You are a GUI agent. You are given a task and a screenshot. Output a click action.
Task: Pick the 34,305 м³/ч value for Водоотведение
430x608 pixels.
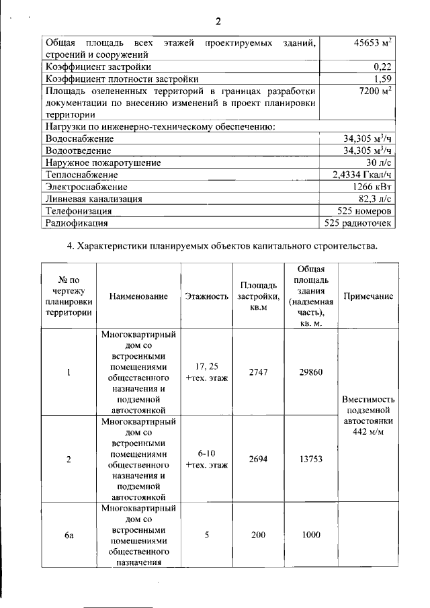pos(367,150)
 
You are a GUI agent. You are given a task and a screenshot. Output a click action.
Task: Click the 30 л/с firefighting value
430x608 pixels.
pos(379,163)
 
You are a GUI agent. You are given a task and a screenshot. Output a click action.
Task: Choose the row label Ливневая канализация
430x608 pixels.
pos(93,199)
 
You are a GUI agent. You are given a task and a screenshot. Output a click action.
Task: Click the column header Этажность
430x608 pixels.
pos(206,296)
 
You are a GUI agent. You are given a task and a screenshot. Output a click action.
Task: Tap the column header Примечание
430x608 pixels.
pos(368,296)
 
